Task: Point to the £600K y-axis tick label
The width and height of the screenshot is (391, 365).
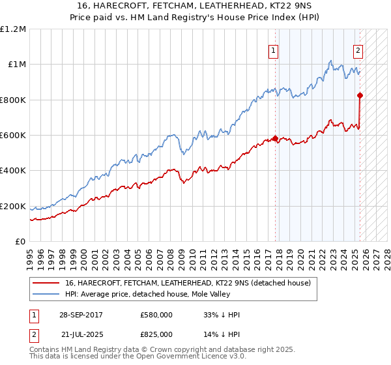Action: [13, 136]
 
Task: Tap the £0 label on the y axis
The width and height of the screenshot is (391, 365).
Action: [20, 242]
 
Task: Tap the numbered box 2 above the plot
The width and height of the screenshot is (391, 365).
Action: [358, 51]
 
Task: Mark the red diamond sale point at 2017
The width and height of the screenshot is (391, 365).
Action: [275, 138]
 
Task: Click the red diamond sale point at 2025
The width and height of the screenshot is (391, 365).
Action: [360, 95]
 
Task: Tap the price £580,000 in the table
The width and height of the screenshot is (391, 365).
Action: [156, 315]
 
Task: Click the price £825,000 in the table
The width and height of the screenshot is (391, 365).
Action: [156, 334]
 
